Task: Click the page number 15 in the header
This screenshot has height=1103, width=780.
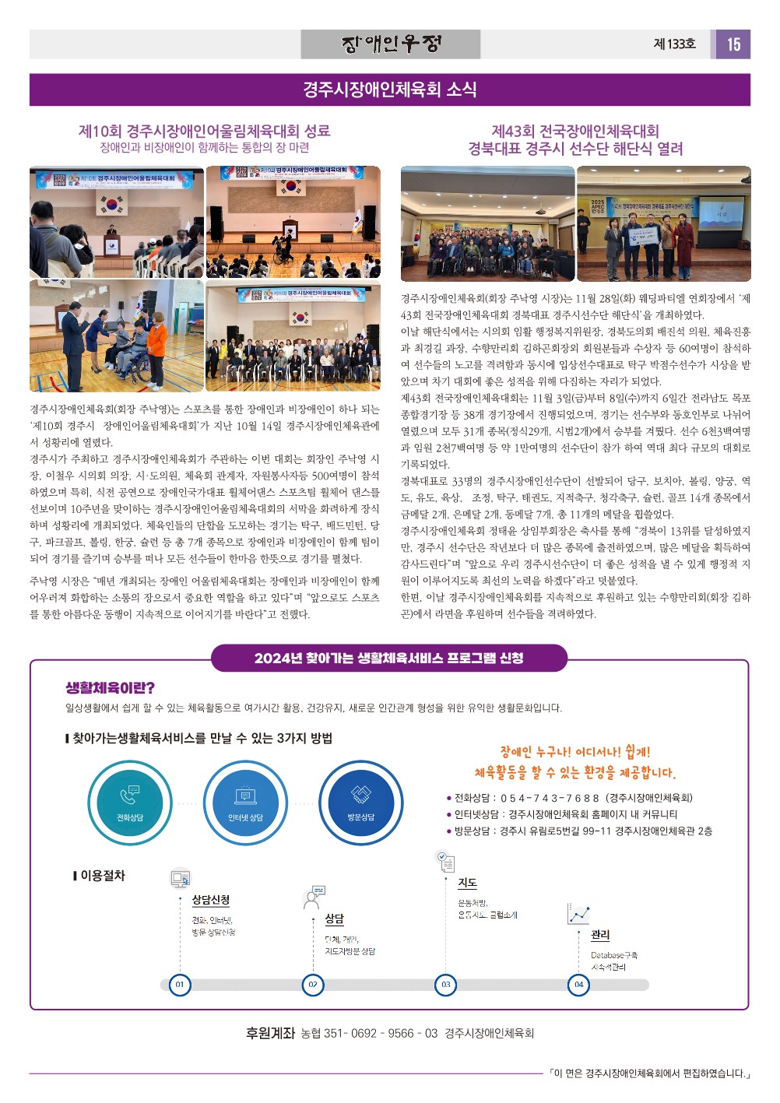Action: coord(733,44)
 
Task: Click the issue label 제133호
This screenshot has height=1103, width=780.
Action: coord(674,44)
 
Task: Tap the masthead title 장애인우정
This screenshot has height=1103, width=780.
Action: coord(391,44)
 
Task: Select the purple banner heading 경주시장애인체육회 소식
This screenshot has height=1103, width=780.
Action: coord(390,90)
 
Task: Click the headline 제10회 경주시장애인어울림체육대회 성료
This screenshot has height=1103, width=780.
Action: coord(204,131)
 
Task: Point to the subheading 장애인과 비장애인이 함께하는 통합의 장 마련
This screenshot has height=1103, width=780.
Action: coord(204,148)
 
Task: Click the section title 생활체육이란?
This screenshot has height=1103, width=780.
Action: coord(110,688)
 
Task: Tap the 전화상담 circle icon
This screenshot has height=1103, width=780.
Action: coord(130,803)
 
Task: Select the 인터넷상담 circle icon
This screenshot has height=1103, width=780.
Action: coord(245,803)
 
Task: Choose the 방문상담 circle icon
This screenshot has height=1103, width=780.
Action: coord(360,803)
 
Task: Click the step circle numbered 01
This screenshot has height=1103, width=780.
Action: coord(180,985)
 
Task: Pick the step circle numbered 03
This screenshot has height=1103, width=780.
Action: coord(445,985)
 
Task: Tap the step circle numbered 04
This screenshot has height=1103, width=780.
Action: coord(578,985)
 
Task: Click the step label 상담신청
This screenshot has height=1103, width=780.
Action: coord(211,900)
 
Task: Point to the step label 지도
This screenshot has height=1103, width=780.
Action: coord(467,883)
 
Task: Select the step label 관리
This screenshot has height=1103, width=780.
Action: coord(600,935)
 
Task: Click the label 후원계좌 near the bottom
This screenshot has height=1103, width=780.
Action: coord(270,1034)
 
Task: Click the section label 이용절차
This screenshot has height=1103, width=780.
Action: coord(102,876)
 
